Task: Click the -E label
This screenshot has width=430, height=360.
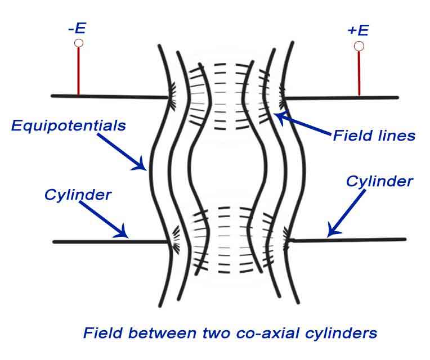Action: (x=77, y=28)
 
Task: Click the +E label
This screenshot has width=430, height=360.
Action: (x=358, y=30)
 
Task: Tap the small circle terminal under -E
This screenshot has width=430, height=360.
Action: (x=79, y=43)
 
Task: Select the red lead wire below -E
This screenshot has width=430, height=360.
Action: (x=79, y=71)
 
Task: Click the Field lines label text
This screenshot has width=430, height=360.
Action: (x=374, y=136)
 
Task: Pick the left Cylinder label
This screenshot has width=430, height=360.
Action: (x=78, y=195)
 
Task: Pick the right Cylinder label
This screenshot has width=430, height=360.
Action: (x=379, y=181)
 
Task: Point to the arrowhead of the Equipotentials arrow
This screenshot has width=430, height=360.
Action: (x=143, y=166)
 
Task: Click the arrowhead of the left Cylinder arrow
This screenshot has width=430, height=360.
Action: (x=124, y=235)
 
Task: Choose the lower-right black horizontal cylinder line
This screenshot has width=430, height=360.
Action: (x=349, y=240)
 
